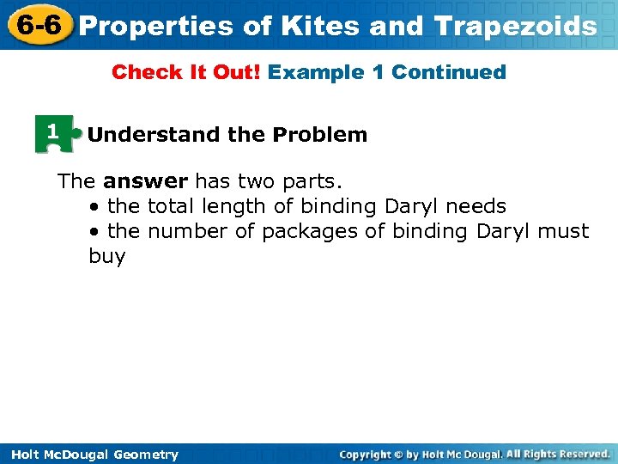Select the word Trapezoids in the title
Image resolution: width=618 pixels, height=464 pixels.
[516, 27]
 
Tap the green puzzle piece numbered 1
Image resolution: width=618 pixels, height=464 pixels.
[53, 134]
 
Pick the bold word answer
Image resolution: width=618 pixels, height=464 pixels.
[145, 181]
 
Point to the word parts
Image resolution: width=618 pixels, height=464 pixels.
[312, 181]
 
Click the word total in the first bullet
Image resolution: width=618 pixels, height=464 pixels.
[172, 206]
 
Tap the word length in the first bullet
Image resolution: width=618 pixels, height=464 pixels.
[228, 207]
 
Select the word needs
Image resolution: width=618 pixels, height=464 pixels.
[476, 206]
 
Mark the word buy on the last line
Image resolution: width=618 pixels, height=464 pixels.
[106, 257]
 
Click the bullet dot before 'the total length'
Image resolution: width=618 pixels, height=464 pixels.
[93, 207]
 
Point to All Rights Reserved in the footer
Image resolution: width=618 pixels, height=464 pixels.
[558, 454]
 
